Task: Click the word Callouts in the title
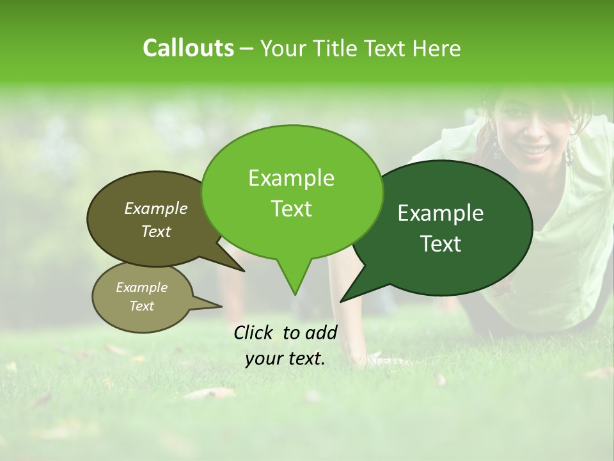point(188,48)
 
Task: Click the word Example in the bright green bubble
point(291,178)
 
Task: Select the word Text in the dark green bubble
point(441,244)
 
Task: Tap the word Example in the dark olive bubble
point(155,208)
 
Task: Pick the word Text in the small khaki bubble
point(141,306)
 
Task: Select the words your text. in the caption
point(285,359)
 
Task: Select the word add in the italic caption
point(322,332)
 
